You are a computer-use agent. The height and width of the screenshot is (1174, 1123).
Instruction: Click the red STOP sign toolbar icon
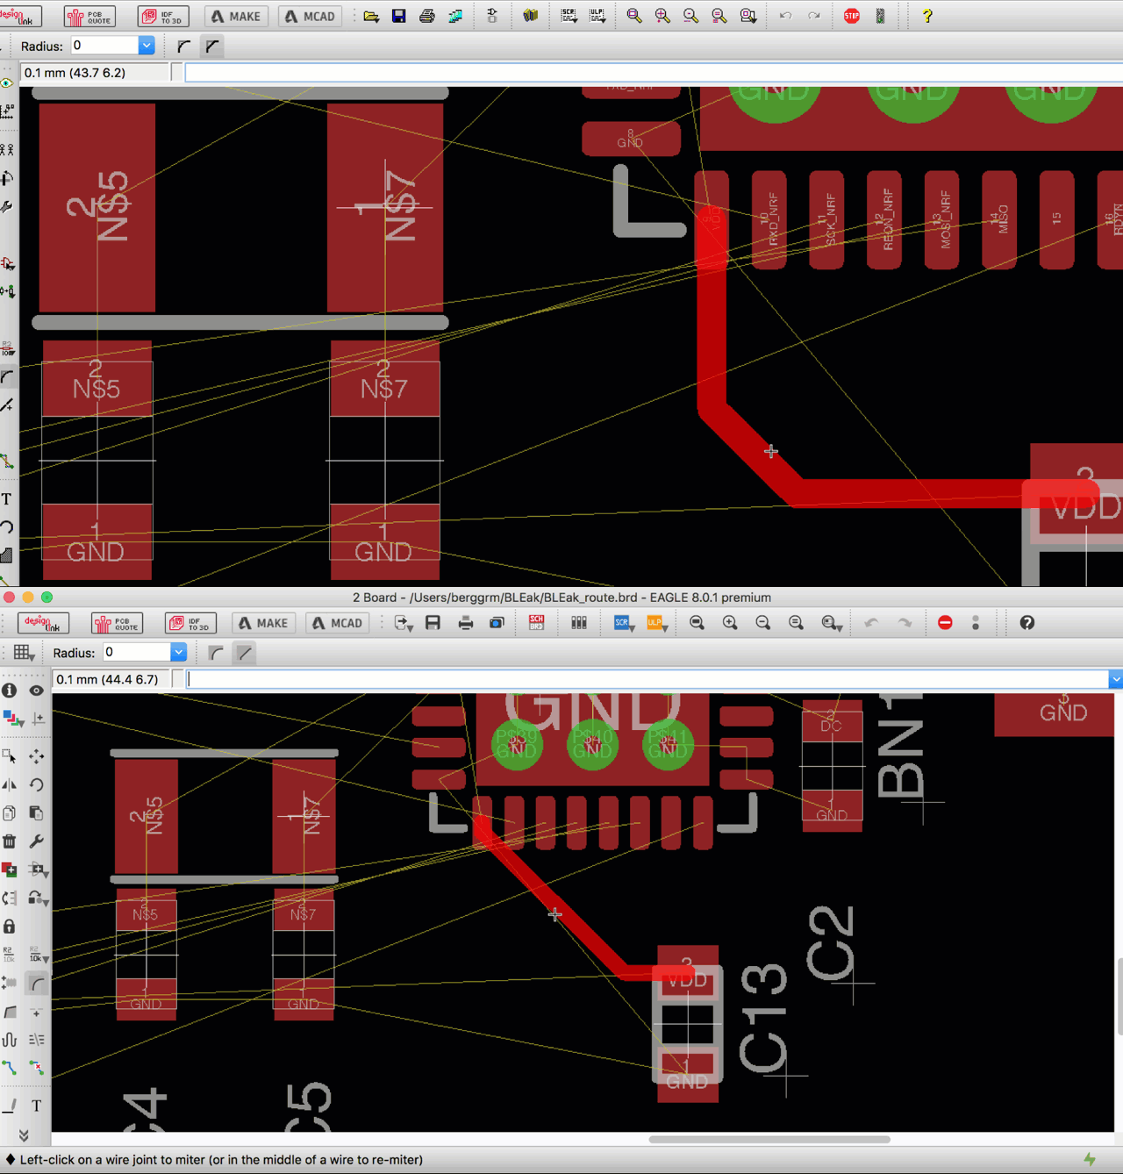click(x=851, y=16)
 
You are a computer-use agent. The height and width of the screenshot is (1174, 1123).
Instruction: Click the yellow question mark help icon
click(x=926, y=16)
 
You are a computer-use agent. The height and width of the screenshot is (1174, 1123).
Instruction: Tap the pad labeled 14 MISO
click(x=999, y=219)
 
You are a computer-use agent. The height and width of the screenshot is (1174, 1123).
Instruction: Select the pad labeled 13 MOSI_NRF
click(x=941, y=219)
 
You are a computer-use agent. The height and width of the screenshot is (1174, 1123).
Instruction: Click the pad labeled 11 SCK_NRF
click(x=826, y=219)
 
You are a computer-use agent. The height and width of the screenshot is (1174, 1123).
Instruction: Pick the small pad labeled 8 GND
click(x=631, y=139)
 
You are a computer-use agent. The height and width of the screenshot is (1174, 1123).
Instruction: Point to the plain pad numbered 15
click(x=1056, y=219)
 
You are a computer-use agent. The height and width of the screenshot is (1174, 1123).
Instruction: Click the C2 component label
click(x=830, y=943)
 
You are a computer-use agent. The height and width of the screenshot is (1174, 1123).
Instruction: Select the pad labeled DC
click(x=831, y=725)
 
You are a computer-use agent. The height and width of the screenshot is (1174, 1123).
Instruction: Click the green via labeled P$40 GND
click(x=592, y=745)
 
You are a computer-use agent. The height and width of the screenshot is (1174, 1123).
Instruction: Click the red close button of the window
click(x=10, y=598)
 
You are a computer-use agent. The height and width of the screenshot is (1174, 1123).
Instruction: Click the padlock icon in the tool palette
click(x=10, y=927)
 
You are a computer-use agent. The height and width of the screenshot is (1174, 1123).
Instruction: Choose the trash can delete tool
click(x=10, y=841)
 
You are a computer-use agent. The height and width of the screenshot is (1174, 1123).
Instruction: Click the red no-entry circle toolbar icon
click(x=945, y=623)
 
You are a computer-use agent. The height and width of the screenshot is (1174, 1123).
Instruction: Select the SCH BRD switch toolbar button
click(x=536, y=623)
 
